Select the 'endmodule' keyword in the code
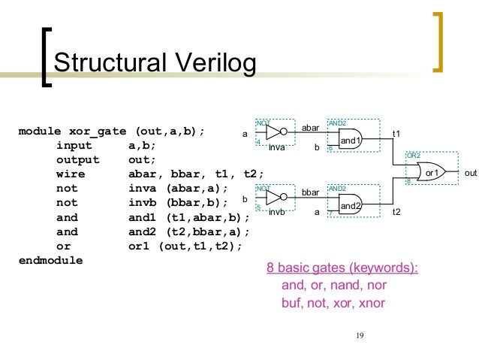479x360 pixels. coord(50,260)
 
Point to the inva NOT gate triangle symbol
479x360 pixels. coord(275,132)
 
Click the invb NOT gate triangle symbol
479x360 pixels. coord(275,197)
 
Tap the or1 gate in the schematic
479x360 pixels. coord(430,172)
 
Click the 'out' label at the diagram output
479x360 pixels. coord(471,173)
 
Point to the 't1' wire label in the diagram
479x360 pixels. coord(397,133)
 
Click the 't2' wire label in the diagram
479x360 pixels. coord(397,213)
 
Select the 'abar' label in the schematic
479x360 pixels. coord(311,129)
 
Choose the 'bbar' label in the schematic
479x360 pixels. coord(311,193)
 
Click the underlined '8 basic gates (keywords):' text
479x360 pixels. coord(342,268)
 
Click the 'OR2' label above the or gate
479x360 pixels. coord(413,155)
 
